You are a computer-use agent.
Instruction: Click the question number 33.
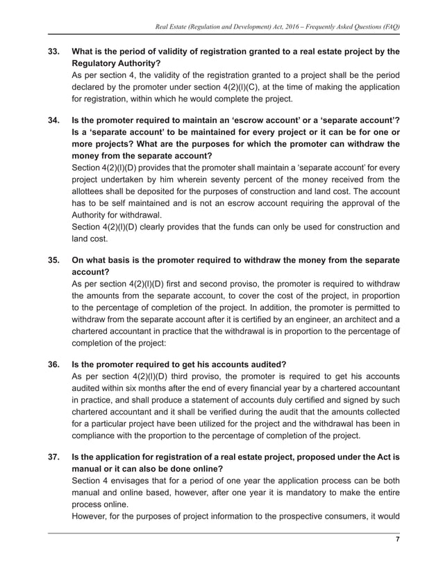tap(53, 51)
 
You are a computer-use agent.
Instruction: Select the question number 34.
tap(53, 121)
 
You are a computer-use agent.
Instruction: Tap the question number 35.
tap(53, 260)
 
